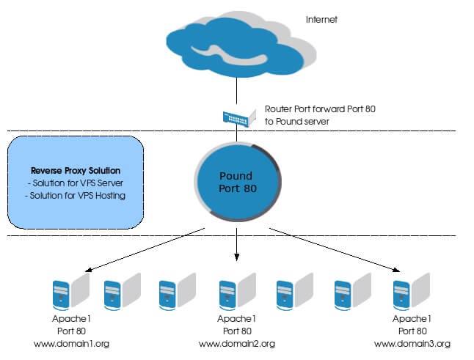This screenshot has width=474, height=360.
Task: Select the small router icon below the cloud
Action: (237, 116)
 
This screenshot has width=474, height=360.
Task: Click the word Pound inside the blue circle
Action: (236, 176)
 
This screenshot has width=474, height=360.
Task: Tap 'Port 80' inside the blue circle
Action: (238, 188)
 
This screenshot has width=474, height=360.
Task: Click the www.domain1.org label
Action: (71, 343)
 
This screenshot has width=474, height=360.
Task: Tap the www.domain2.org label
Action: (237, 343)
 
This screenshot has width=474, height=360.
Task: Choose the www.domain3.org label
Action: (412, 343)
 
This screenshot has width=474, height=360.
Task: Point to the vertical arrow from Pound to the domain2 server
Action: (237, 246)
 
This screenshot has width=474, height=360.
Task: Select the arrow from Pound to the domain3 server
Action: (330, 249)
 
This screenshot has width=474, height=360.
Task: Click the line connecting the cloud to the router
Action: (237, 92)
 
